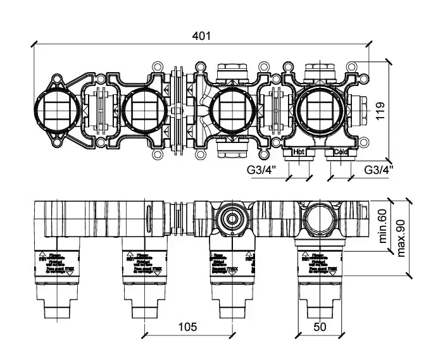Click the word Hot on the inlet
(x=299, y=152)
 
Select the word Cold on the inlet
(x=341, y=152)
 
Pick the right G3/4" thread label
(x=378, y=170)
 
